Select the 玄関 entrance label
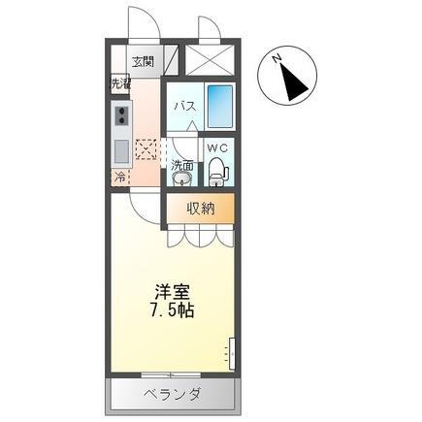point(144,61)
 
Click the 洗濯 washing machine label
point(119,83)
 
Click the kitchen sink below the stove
point(122,151)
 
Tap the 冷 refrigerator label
point(119,178)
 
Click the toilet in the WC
point(217,171)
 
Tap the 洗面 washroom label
point(182,165)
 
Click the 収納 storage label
point(202,209)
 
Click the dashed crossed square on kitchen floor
point(147,149)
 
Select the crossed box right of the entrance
point(208,59)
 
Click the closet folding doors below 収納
point(198,236)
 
